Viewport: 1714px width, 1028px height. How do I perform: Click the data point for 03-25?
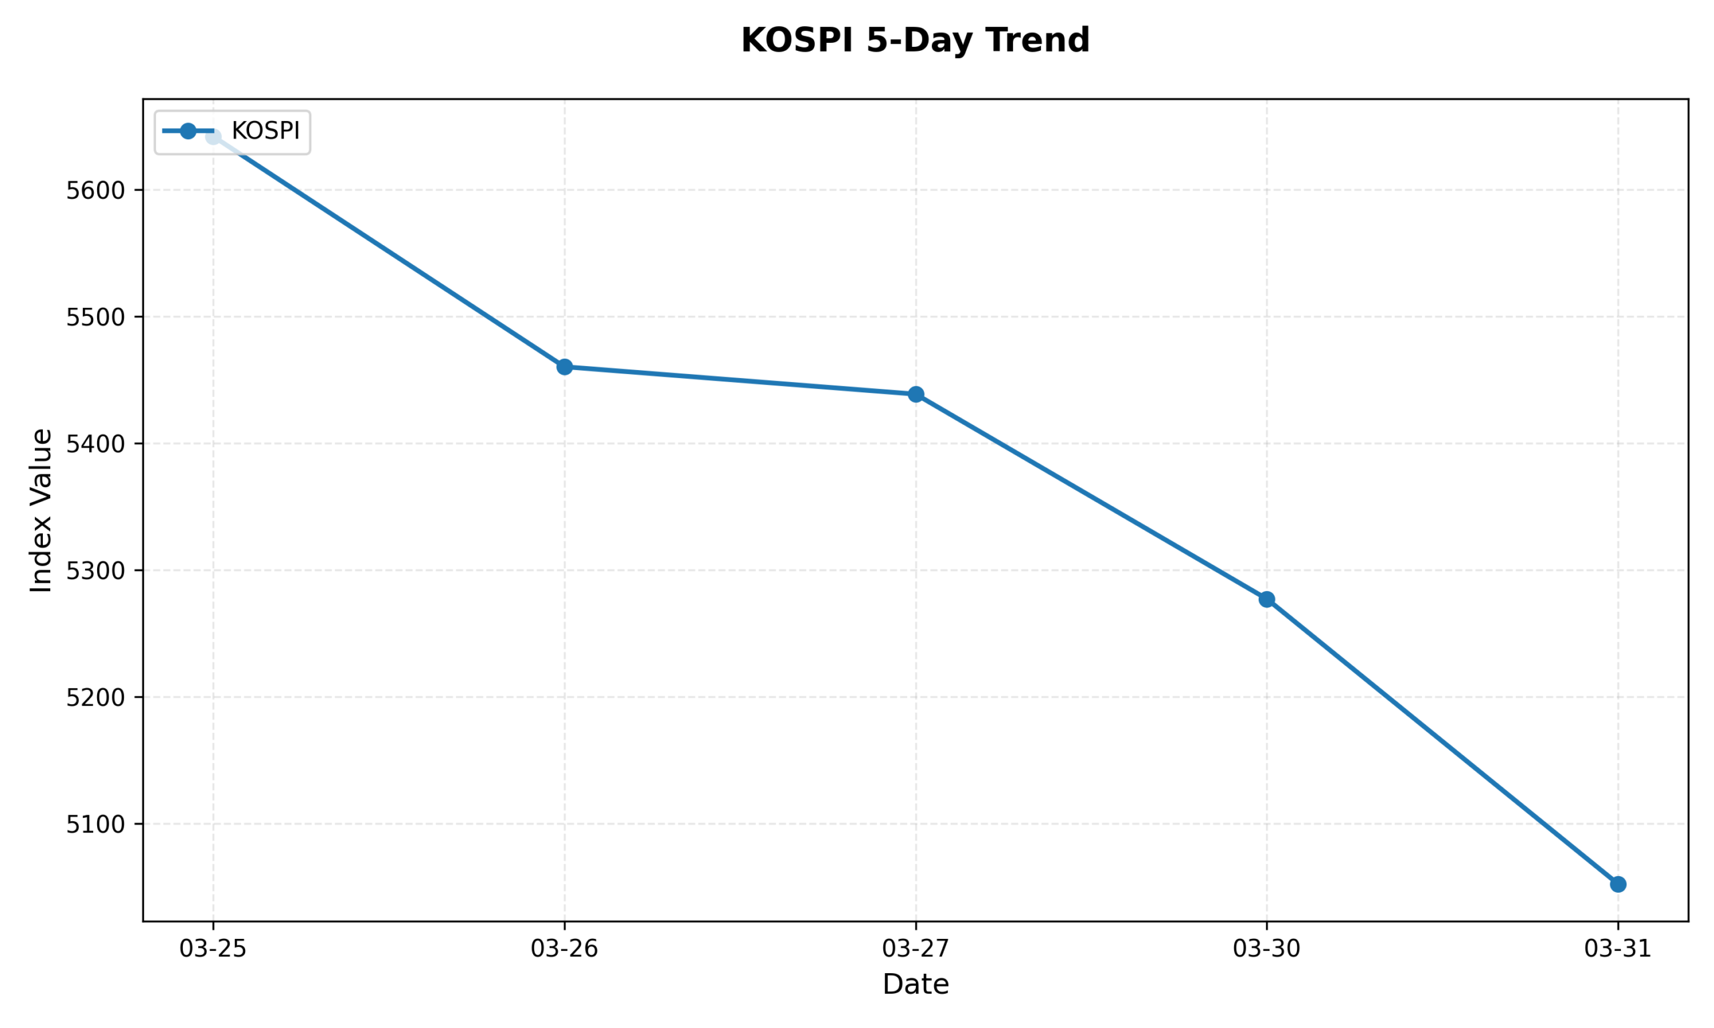(x=214, y=137)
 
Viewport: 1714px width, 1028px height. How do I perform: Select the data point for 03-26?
(x=564, y=367)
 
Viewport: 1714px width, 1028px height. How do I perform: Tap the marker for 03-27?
(x=916, y=394)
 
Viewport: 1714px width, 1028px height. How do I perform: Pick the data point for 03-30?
(x=1267, y=599)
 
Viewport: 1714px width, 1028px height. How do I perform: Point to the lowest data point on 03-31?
(x=1618, y=884)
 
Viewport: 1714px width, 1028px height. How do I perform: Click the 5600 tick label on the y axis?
(x=96, y=191)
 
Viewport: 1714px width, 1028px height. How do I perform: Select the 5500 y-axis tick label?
(x=96, y=317)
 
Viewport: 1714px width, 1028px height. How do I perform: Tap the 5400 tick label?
(x=96, y=444)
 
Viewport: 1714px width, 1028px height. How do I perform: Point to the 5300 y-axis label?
(x=96, y=571)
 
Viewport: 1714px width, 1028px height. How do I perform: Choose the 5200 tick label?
(x=96, y=697)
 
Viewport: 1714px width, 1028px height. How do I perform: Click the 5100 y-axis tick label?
(x=96, y=825)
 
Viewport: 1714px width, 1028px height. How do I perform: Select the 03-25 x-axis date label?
(x=214, y=948)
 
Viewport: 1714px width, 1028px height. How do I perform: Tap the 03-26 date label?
(x=564, y=948)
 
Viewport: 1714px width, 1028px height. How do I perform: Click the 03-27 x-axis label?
(x=916, y=948)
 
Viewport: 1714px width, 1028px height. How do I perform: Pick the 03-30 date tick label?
(x=1267, y=948)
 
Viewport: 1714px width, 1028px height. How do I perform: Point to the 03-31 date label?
(x=1618, y=948)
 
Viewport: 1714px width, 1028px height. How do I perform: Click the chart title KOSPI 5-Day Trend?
(x=915, y=40)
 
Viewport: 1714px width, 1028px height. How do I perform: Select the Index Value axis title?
(x=42, y=510)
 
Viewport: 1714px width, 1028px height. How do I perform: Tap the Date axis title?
(x=915, y=984)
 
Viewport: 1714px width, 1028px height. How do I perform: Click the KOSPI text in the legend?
(x=265, y=131)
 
